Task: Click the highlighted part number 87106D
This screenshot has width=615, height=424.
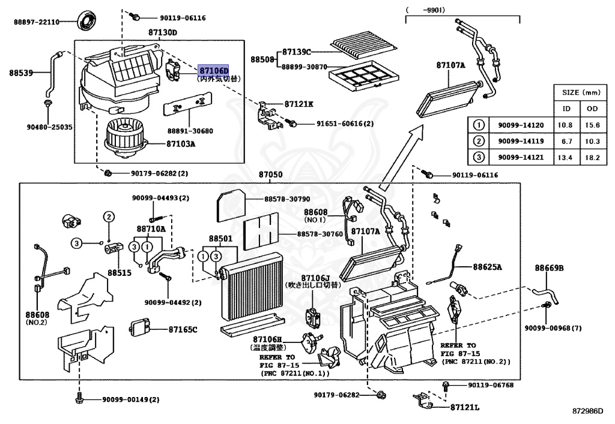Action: [x=214, y=70]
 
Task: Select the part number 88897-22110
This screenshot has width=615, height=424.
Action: [x=37, y=22]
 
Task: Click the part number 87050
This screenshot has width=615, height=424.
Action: [x=270, y=175]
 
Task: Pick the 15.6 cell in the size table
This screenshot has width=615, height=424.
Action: [x=592, y=125]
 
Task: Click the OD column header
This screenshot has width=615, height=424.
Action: [x=592, y=109]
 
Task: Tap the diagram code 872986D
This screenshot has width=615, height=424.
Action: [x=587, y=412]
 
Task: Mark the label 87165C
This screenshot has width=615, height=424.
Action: [x=183, y=329]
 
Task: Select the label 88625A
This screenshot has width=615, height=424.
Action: [x=487, y=267]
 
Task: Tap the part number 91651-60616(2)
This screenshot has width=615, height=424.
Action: [x=345, y=124]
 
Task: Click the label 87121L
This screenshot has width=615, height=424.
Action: [x=465, y=408]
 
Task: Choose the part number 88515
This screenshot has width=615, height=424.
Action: [x=120, y=272]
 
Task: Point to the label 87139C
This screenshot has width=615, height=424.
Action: [x=298, y=52]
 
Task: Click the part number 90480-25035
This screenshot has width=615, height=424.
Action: [x=49, y=127]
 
